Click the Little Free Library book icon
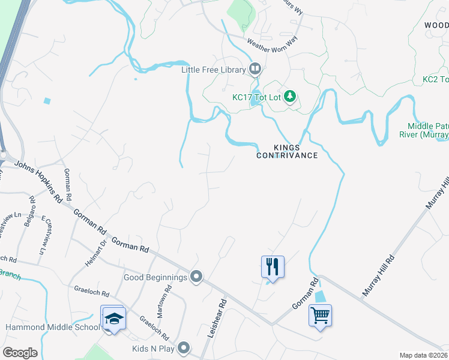point(255,70)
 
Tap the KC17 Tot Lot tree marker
point(290,96)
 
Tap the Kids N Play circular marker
point(184,348)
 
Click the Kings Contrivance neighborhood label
point(287,151)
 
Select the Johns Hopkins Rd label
point(38,179)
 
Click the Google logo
point(20,353)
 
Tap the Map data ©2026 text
point(423,355)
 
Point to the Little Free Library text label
point(214,70)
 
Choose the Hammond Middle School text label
point(52,328)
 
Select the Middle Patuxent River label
point(428,130)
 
